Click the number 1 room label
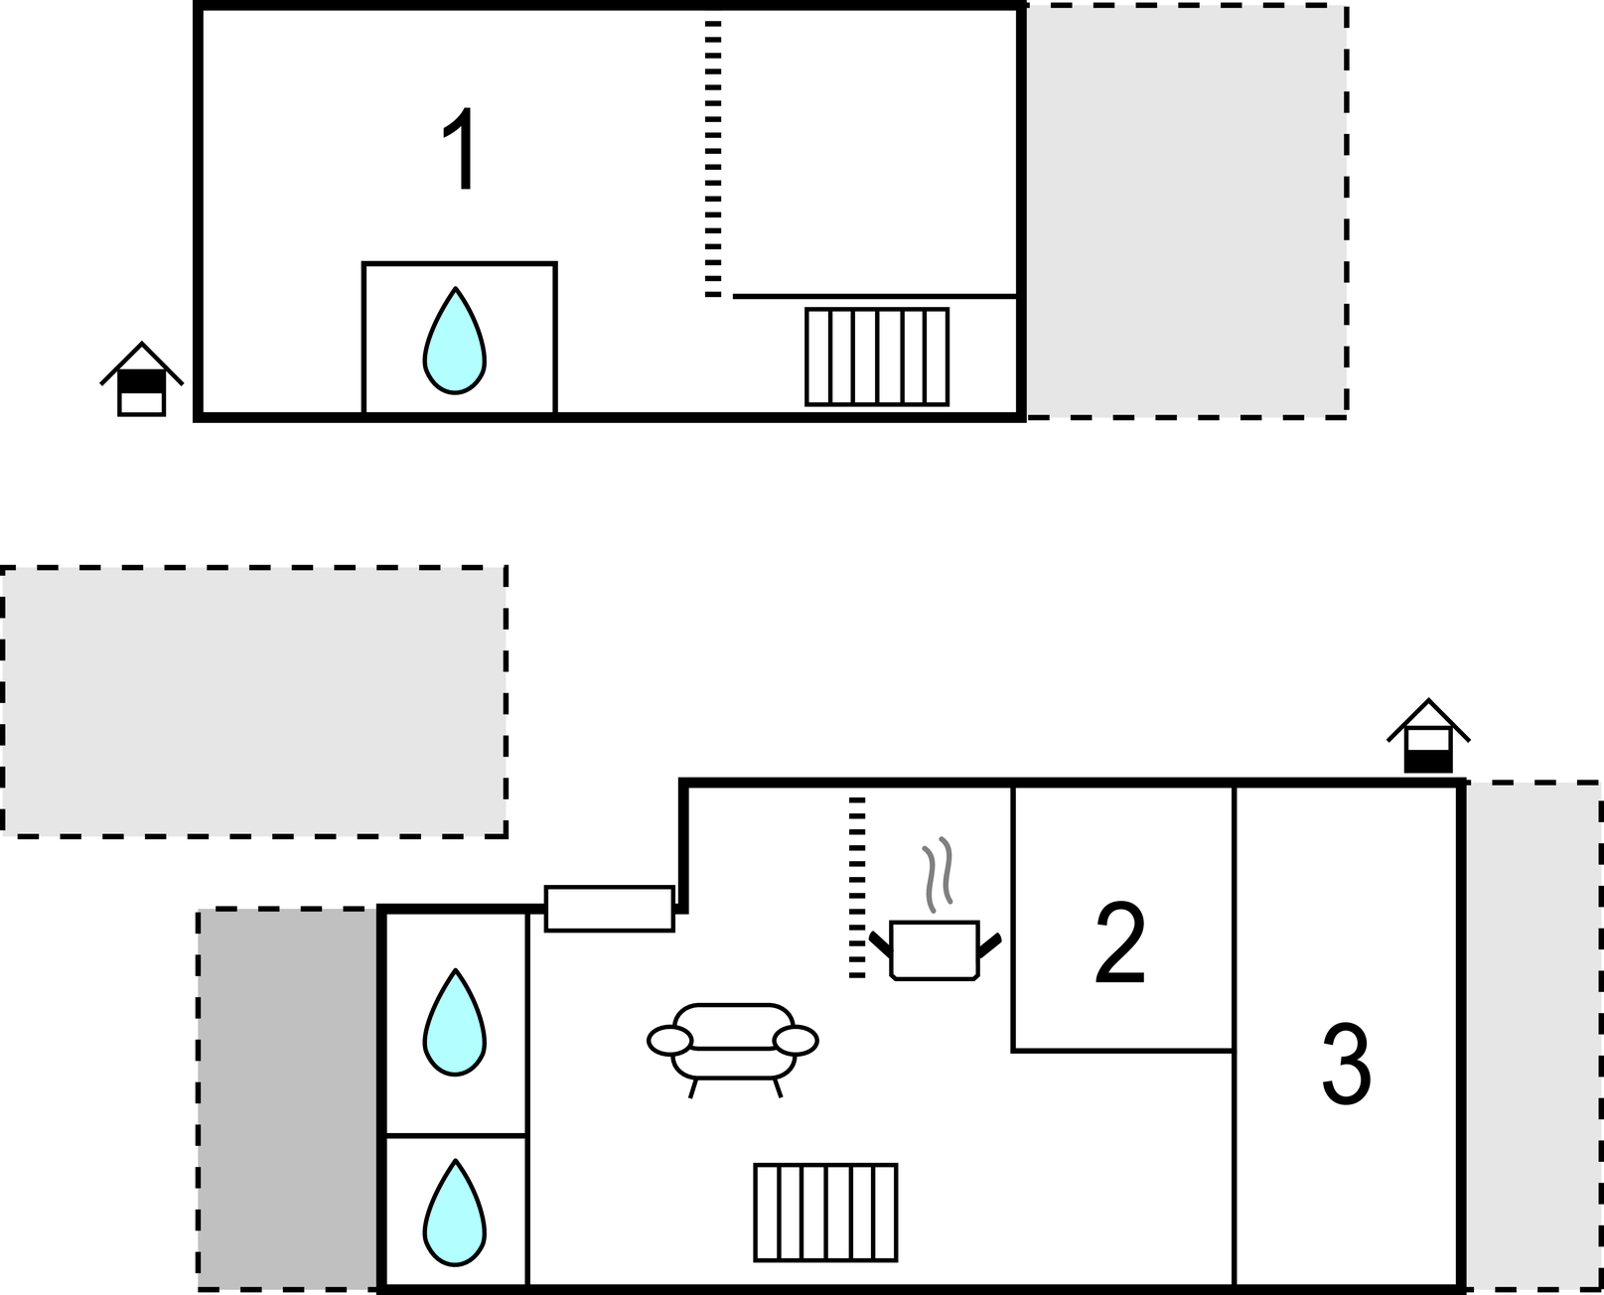(x=460, y=148)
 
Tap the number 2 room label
(x=1119, y=942)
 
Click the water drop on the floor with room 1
(x=455, y=341)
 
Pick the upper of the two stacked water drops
(x=455, y=1023)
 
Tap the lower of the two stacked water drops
(x=455, y=1213)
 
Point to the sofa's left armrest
(x=669, y=1041)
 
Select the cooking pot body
(x=935, y=950)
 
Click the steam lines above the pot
(x=938, y=874)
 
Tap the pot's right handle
(x=989, y=945)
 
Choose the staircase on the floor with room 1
(x=877, y=357)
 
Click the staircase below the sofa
(x=825, y=1213)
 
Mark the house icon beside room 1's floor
(x=142, y=379)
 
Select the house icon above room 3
(x=1428, y=736)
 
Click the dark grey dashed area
(x=288, y=1099)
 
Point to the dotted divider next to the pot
(x=857, y=889)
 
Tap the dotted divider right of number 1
(x=713, y=159)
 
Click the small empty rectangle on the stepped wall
(x=609, y=909)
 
